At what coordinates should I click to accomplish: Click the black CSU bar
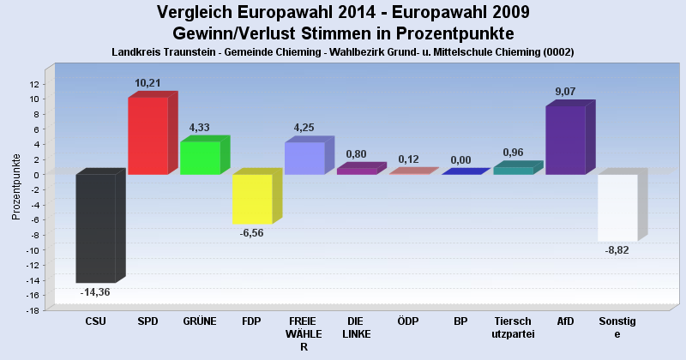[x=95, y=228]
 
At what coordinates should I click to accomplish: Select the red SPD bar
[x=147, y=135]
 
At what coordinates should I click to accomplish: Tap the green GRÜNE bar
[x=200, y=158]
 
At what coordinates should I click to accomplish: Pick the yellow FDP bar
[x=252, y=199]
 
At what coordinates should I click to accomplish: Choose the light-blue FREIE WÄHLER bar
[x=304, y=159]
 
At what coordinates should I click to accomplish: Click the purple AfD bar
[x=565, y=140]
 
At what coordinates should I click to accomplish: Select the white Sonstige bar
[x=617, y=207]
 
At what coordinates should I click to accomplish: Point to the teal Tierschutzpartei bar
[x=513, y=171]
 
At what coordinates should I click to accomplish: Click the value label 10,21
[x=147, y=83]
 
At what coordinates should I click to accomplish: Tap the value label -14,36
[x=95, y=292]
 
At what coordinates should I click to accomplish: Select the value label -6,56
[x=252, y=233]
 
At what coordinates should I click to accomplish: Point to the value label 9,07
[x=566, y=92]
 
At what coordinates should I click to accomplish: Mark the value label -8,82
[x=617, y=250]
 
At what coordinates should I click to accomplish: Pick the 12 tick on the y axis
[x=35, y=84]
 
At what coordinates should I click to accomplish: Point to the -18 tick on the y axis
[x=33, y=310]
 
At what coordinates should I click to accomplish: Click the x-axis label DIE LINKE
[x=356, y=327]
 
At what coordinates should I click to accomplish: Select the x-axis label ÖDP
[x=408, y=321]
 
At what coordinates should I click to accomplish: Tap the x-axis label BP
[x=460, y=321]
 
